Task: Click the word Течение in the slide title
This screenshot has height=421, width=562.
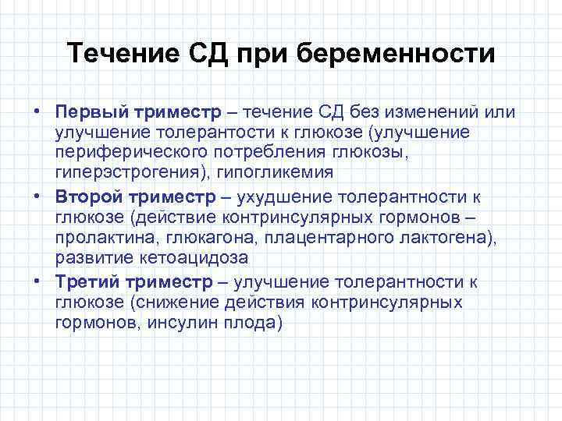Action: (x=115, y=55)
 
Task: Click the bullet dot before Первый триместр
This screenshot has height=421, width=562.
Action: (x=37, y=111)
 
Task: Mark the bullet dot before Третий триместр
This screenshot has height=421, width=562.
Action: (x=37, y=281)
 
